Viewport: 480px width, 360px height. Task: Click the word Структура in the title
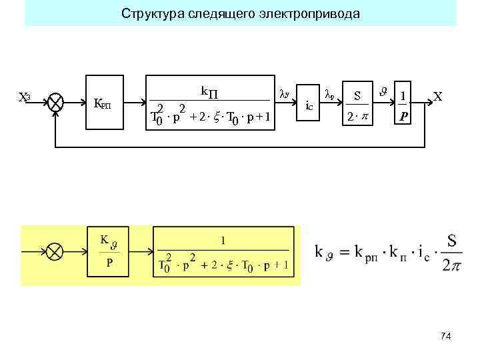pos(147,13)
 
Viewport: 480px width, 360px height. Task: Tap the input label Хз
pos(24,97)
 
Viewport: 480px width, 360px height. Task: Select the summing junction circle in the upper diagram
pos(57,103)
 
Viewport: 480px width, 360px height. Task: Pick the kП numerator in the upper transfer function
pos(213,91)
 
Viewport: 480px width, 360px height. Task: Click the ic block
pos(309,105)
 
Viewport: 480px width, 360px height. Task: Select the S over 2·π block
pos(357,105)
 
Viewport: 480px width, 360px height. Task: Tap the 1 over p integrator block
pos(403,105)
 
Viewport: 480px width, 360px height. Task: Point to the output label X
pos(437,97)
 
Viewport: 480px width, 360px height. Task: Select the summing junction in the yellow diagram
pos(57,252)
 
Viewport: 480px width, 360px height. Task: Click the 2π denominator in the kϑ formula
pos(451,265)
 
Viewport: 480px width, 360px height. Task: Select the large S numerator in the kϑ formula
pos(451,239)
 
